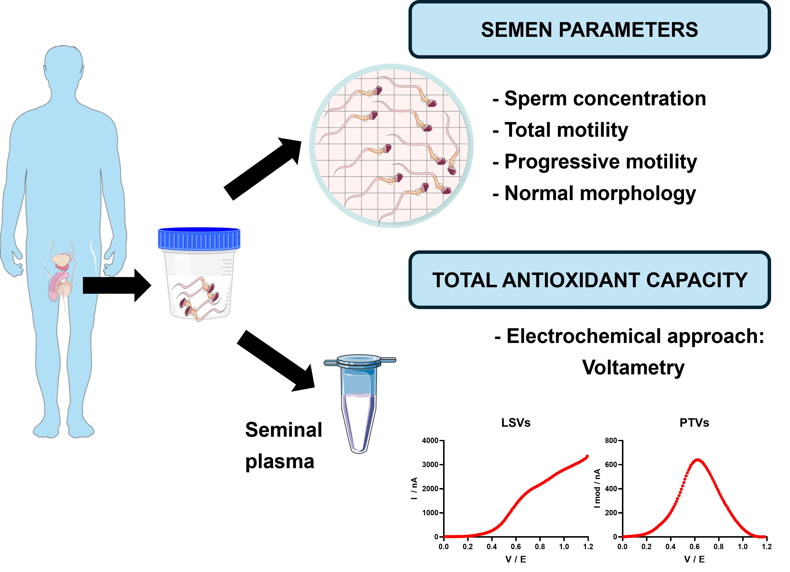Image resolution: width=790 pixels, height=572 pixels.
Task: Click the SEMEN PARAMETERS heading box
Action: pos(589,30)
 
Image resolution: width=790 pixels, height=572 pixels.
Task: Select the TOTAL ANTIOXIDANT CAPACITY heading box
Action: pos(589,280)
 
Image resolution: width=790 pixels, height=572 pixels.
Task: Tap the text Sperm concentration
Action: pos(605,99)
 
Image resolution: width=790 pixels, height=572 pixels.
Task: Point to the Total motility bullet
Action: pos(566,130)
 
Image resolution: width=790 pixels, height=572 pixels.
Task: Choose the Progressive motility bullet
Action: pos(601,162)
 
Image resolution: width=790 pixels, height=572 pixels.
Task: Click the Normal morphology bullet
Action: pos(600,193)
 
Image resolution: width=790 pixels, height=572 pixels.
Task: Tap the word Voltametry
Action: pos(633,368)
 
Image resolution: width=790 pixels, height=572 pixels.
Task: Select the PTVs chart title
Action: pos(694,423)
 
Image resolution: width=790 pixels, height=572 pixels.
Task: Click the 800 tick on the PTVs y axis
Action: pos(611,441)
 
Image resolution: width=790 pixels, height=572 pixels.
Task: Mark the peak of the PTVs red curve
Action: pos(697,460)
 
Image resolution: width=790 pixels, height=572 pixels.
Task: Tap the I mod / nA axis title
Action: pos(597,488)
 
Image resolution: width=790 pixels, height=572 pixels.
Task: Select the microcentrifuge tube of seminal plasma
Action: pos(359,404)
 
